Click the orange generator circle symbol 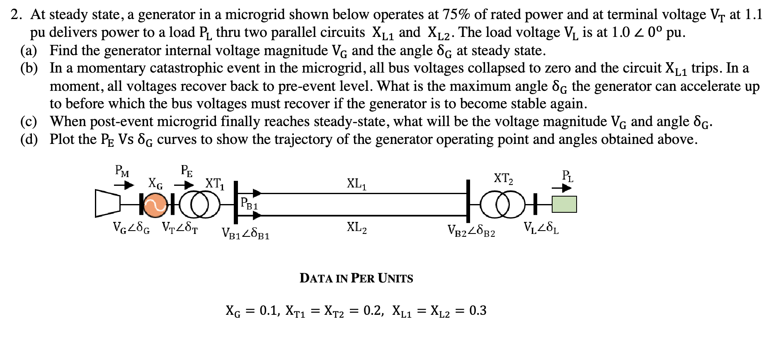pos(156,204)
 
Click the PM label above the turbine pos(121,170)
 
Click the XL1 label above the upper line pos(356,184)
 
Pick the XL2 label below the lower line pos(356,228)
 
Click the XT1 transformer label pos(215,183)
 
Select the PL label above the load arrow pos(567,175)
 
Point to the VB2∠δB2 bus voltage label pos(471,231)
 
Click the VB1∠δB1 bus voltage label pos(245,234)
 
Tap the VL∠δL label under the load pos(541,228)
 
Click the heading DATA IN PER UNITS pos(356,278)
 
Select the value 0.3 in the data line pos(478,310)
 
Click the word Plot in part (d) pos(63,139)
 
